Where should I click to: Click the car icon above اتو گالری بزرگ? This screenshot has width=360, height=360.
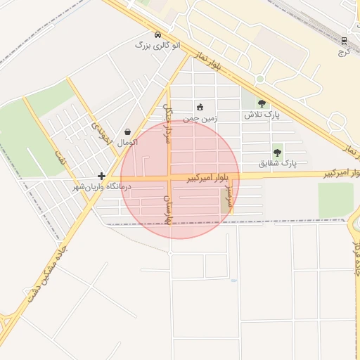157,34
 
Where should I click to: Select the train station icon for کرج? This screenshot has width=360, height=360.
344,41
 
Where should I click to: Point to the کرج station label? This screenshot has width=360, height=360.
344,51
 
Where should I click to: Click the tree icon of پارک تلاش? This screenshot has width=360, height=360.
262,103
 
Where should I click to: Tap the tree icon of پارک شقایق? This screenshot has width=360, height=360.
277,152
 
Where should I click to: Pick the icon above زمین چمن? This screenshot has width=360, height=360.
200,108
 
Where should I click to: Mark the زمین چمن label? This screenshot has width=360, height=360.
200,119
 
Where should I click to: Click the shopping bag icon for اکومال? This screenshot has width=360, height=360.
127,131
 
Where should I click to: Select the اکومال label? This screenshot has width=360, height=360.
127,142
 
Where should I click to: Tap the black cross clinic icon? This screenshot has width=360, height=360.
103,176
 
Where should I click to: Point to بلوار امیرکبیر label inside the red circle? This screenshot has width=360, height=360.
210,179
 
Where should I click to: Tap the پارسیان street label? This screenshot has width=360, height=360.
168,210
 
